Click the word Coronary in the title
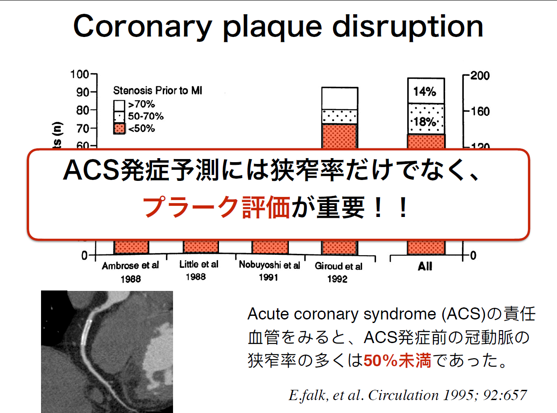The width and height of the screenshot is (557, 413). tap(143, 26)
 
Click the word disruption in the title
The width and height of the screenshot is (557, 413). tap(408, 26)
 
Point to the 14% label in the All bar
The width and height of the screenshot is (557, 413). tap(425, 92)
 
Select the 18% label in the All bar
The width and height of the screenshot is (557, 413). tap(425, 122)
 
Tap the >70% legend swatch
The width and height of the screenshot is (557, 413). tap(119, 106)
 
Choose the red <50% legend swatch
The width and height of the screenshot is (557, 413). tap(119, 128)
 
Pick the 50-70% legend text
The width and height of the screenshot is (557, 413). tap(146, 116)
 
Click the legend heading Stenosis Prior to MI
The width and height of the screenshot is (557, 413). tap(157, 90)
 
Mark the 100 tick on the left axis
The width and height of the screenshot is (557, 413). tap(80, 74)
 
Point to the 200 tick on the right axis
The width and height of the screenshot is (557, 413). tap(480, 76)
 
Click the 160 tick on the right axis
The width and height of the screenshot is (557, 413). tap(480, 112)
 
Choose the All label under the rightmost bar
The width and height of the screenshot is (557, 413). tap(425, 266)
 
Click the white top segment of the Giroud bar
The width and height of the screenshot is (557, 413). tap(340, 98)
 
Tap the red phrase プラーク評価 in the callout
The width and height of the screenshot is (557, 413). tap(216, 207)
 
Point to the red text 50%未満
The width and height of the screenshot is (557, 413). tap(397, 360)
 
